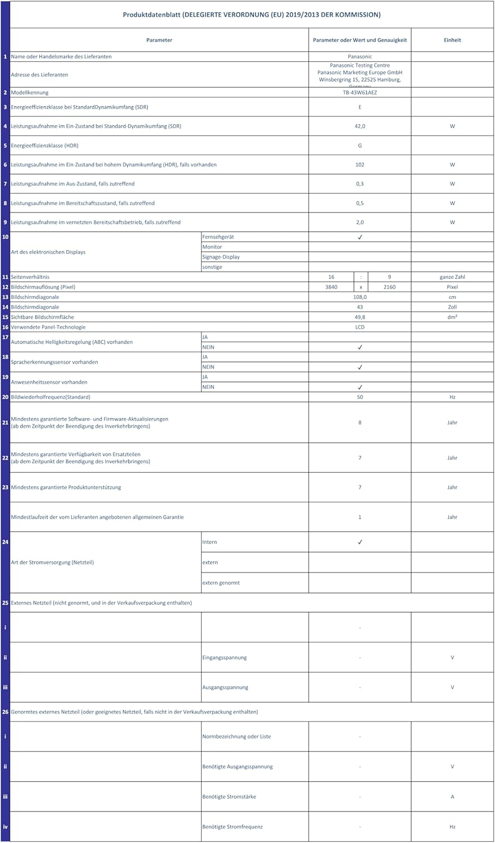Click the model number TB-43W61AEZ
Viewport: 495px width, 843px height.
coord(360,92)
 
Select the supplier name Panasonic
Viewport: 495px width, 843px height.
coord(360,56)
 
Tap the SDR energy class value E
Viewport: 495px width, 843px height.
coord(360,107)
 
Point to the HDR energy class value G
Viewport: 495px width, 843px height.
coord(360,146)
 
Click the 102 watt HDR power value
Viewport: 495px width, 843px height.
coord(360,165)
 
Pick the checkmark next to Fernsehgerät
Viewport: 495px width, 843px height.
coord(360,237)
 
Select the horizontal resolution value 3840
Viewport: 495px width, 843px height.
coord(331,287)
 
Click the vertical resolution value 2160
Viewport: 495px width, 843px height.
coord(389,287)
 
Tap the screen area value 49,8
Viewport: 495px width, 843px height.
coord(360,317)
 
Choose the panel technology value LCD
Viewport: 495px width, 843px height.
coord(360,327)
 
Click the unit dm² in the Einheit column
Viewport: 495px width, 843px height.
coord(452,317)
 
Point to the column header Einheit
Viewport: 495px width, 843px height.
coord(452,40)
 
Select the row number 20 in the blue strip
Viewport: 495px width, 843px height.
coord(5,397)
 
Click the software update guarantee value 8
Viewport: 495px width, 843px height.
coord(360,422)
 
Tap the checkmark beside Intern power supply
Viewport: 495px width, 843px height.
coord(360,542)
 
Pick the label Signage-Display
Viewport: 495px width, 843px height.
coord(221,257)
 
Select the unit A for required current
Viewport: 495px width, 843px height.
coord(452,796)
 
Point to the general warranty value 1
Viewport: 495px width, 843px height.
coord(360,517)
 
